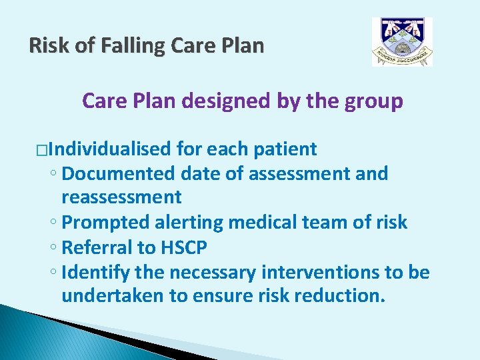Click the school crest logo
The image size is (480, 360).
point(402,42)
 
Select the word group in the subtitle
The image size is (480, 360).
point(374,101)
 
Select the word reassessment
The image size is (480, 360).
point(121,197)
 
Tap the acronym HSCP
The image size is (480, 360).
point(184,247)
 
